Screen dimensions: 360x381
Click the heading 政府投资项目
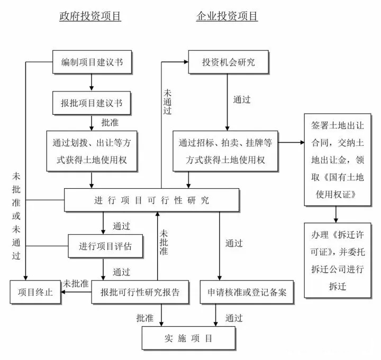pyautogui.click(x=90, y=16)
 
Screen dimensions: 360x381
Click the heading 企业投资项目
pyautogui.click(x=227, y=16)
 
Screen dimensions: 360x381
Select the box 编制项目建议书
pyautogui.click(x=92, y=62)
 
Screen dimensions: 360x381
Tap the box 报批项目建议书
pyautogui.click(x=92, y=103)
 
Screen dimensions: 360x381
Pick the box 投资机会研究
pyautogui.click(x=228, y=62)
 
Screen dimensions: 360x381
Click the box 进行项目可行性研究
pyautogui.click(x=151, y=200)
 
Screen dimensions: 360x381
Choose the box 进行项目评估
pyautogui.click(x=105, y=246)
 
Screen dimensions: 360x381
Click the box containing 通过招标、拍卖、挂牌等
pyautogui.click(x=225, y=151)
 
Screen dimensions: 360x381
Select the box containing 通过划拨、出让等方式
pyautogui.click(x=92, y=151)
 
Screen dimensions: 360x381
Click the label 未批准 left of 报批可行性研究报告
pyautogui.click(x=76, y=283)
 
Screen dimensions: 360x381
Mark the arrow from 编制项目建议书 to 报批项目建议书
pyautogui.click(x=92, y=82)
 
